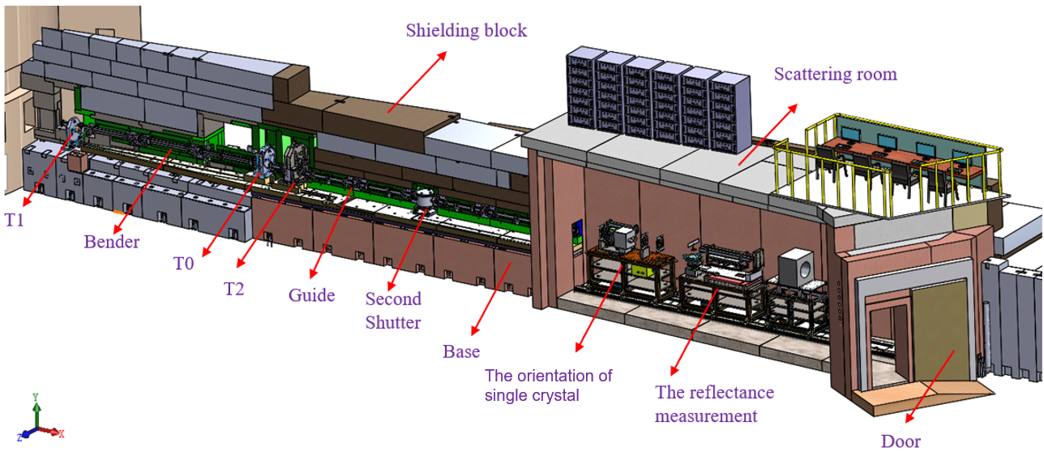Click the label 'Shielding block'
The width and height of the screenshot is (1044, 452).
pos(466,31)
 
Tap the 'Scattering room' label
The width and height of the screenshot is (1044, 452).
pos(835,75)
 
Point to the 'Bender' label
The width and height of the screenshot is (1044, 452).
pos(112,242)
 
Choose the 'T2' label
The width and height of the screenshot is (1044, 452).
pos(234,288)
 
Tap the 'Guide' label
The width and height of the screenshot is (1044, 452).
pos(311,295)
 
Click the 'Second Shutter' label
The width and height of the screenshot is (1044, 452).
pos(393,311)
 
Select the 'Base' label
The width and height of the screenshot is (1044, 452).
pos(461,352)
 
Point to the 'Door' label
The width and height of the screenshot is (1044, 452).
pos(901,441)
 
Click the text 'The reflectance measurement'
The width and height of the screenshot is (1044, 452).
pos(714,404)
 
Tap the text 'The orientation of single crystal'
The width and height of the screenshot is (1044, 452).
pos(548,385)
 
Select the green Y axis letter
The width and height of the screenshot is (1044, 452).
pos(36,397)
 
